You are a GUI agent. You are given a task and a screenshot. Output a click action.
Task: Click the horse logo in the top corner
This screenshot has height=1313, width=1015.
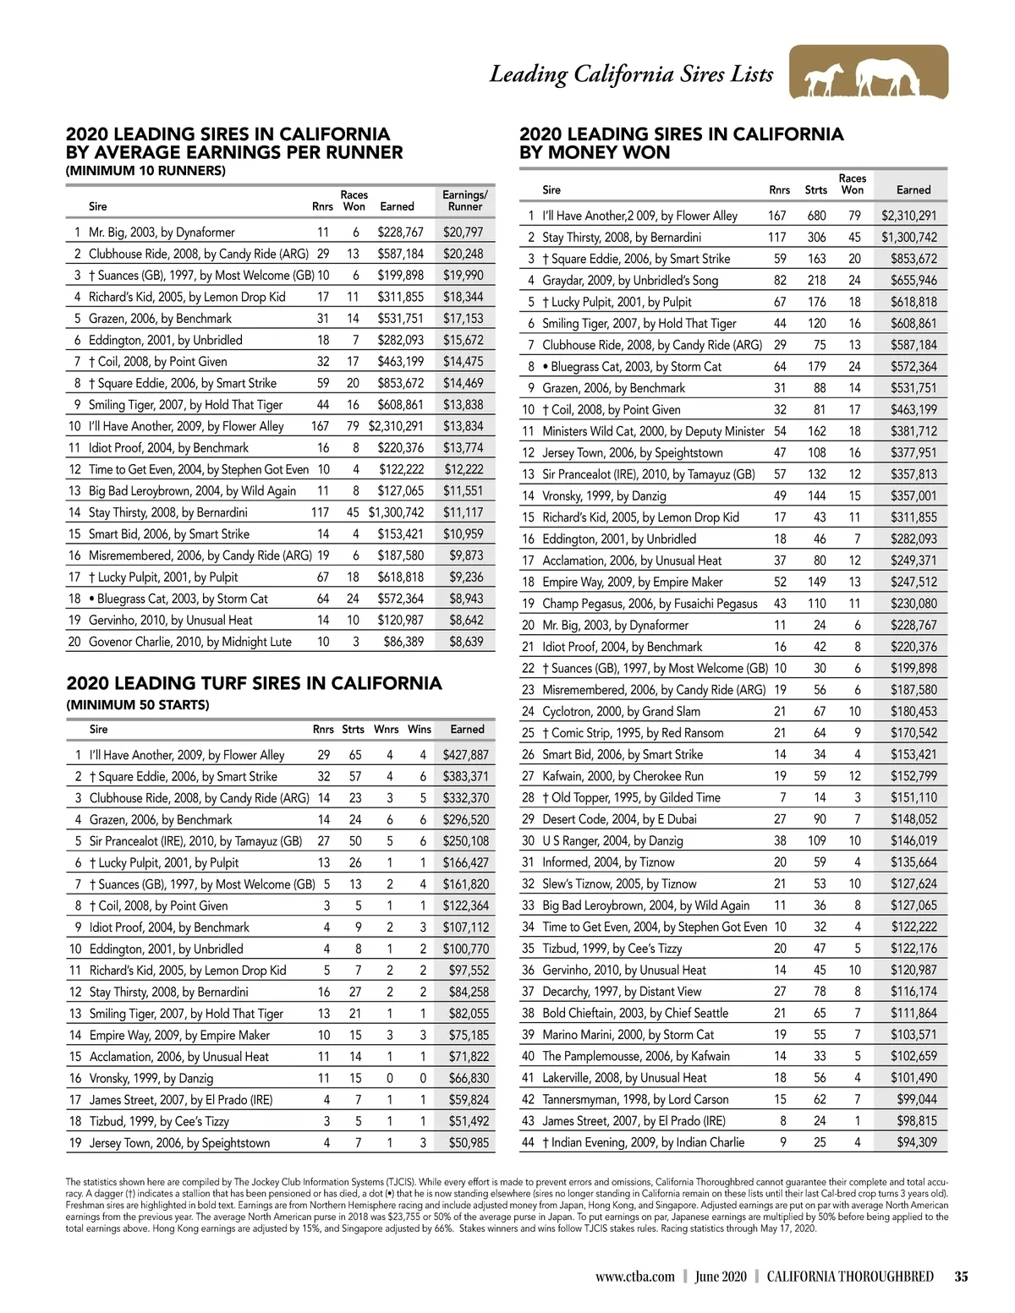pyautogui.click(x=868, y=74)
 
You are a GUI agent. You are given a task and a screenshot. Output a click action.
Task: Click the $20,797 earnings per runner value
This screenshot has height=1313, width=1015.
pyautogui.click(x=464, y=232)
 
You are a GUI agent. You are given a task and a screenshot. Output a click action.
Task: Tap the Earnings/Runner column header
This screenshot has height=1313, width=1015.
pyautogui.click(x=464, y=200)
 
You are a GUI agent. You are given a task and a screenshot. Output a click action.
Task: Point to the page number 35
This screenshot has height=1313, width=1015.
pyautogui.click(x=961, y=1277)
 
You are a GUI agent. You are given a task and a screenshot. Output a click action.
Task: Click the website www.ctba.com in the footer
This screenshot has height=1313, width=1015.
pyautogui.click(x=634, y=1277)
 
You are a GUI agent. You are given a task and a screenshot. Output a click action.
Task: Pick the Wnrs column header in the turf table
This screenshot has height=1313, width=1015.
pyautogui.click(x=387, y=729)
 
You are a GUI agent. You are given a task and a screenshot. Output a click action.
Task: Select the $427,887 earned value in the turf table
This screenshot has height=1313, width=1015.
pyautogui.click(x=466, y=755)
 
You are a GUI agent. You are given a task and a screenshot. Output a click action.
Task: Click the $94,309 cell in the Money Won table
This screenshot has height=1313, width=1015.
pyautogui.click(x=916, y=1142)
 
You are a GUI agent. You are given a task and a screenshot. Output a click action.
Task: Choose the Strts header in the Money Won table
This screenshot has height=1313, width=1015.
pyautogui.click(x=816, y=190)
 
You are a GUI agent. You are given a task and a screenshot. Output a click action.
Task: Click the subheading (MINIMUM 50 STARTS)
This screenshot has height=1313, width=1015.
pyautogui.click(x=138, y=705)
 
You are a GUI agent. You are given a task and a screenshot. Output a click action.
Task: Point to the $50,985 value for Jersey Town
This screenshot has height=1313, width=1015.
pyautogui.click(x=469, y=1143)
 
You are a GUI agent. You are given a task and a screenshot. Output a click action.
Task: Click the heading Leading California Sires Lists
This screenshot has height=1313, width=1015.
pyautogui.click(x=631, y=74)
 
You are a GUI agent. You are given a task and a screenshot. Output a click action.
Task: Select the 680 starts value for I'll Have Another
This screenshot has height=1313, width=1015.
pyautogui.click(x=816, y=216)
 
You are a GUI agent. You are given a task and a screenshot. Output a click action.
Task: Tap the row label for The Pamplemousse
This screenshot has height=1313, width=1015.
pyautogui.click(x=635, y=1056)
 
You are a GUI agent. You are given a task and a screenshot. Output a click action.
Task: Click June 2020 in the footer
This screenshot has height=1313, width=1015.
pyautogui.click(x=721, y=1277)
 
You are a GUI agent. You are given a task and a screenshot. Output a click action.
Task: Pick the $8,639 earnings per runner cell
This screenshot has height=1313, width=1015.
pyautogui.click(x=466, y=642)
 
